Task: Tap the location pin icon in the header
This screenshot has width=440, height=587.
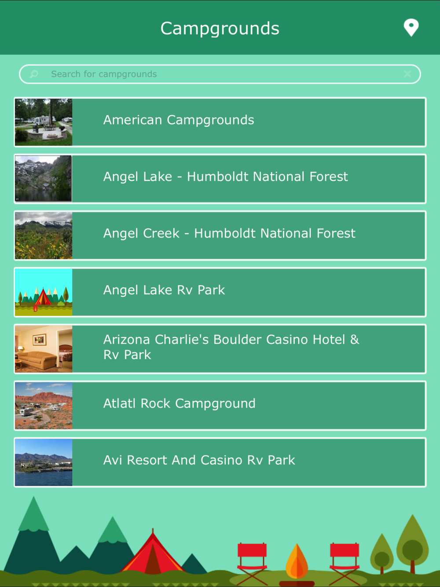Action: point(411,28)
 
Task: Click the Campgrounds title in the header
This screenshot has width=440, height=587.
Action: point(220,28)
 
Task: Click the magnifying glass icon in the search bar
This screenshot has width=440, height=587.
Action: point(34,74)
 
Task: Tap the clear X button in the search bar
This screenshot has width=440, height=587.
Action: point(407,74)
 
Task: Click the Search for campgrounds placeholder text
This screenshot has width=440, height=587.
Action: point(104,74)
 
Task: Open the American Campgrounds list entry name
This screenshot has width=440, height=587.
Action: point(179,120)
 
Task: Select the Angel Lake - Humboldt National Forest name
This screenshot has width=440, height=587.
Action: point(226,177)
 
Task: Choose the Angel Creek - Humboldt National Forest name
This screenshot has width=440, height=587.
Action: point(229,234)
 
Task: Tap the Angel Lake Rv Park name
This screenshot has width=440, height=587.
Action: point(164,290)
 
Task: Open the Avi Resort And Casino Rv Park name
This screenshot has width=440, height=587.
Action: point(199,460)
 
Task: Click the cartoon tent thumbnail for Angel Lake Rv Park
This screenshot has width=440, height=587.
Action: point(44,292)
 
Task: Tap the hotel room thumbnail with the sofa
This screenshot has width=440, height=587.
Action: point(44,349)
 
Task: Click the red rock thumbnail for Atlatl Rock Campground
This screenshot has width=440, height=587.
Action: point(44,406)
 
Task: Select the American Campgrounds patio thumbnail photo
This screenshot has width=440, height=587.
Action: point(44,122)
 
